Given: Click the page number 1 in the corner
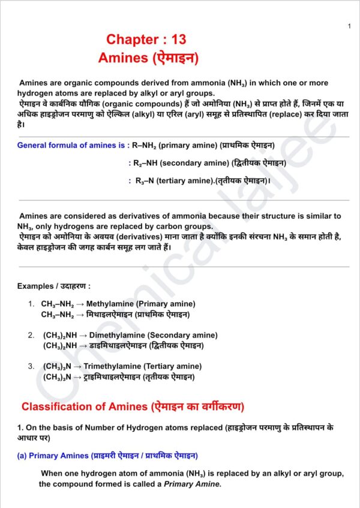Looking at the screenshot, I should [349, 26].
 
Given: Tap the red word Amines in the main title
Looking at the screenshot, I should [122, 58].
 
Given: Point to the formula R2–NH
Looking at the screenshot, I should [146, 163].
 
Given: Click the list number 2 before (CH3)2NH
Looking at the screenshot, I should [31, 336].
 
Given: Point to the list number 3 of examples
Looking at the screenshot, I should [31, 366].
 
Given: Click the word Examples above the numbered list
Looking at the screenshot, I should [34, 286].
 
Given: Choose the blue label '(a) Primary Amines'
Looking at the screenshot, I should [53, 456].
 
